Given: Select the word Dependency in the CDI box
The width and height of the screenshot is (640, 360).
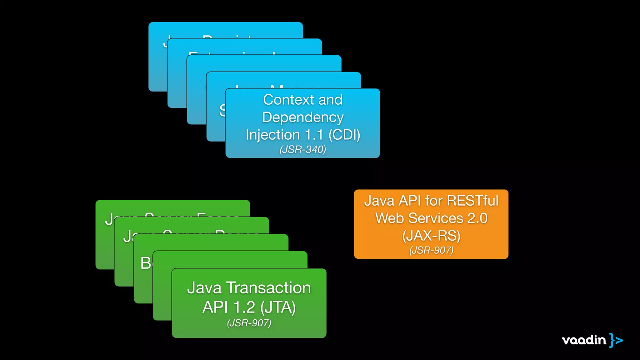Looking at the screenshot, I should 303,118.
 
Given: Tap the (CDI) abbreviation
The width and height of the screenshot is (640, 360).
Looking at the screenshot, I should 344,135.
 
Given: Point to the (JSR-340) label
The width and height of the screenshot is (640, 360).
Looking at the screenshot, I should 303,150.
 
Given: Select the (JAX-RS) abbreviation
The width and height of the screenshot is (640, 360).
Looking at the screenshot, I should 431,236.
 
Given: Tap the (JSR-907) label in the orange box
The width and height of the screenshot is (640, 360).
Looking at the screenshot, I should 431,250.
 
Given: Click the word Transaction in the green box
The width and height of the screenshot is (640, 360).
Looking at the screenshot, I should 268,288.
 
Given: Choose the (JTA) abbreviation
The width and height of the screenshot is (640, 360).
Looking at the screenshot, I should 278,307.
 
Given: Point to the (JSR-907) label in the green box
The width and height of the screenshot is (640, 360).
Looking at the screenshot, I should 249,323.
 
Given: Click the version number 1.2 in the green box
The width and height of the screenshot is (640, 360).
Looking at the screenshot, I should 244,307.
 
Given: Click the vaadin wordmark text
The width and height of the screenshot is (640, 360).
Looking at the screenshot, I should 584,340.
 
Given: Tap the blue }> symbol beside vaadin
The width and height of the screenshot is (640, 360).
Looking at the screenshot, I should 616,340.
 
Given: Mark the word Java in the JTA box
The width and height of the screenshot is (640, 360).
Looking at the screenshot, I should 204,288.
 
